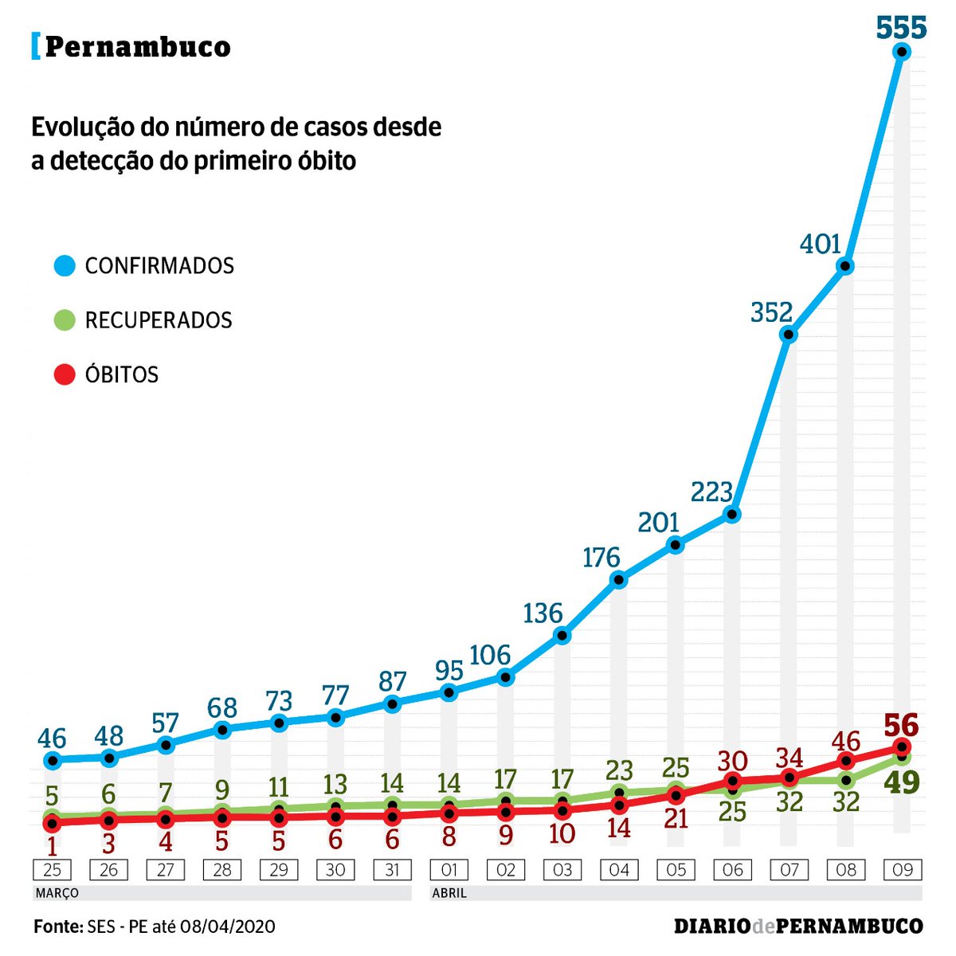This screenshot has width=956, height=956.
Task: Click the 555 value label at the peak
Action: (902, 27)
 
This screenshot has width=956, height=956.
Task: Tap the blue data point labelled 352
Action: (789, 335)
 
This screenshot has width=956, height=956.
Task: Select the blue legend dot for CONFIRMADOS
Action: (65, 265)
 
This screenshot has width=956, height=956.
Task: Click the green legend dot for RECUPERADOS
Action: (65, 320)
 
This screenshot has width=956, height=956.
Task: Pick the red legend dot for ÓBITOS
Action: (65, 374)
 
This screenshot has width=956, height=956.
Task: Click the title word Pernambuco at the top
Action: (138, 47)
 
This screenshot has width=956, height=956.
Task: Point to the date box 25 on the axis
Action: (52, 869)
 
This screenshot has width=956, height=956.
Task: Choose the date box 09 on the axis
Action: (903, 869)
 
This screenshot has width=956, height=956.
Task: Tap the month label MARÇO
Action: (57, 893)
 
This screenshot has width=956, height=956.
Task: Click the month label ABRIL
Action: (449, 893)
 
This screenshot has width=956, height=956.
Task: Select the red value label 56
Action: (901, 726)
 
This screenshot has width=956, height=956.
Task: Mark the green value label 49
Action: (901, 782)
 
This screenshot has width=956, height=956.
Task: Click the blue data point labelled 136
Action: (562, 636)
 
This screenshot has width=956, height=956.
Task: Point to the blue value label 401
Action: (821, 244)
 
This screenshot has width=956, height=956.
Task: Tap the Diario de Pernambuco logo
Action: (798, 926)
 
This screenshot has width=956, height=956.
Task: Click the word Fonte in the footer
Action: (58, 926)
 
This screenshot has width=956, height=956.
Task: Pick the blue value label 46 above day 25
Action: (52, 738)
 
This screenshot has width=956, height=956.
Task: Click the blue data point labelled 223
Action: (732, 514)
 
